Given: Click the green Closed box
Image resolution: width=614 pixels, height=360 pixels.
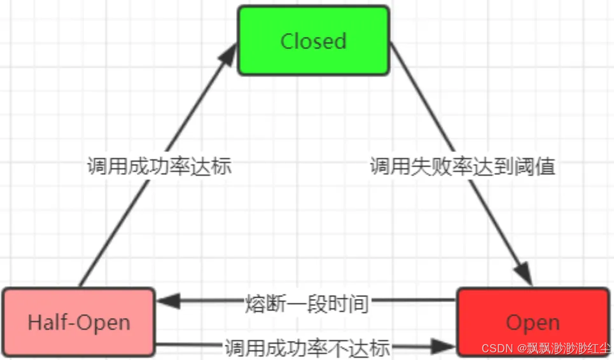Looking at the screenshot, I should pos(313,41).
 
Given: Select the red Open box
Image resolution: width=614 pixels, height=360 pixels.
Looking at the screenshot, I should pos(533,322).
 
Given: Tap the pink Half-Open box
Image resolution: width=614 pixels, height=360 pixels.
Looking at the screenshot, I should pos(79,322).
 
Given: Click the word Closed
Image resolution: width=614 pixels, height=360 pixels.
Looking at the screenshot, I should pos(313,41).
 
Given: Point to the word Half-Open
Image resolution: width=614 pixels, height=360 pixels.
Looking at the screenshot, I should pos(79,322).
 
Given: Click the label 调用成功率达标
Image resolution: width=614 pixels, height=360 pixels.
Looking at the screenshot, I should pos(159,167).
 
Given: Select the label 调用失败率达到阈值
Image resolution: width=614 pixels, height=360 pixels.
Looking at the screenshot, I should pos(463,167).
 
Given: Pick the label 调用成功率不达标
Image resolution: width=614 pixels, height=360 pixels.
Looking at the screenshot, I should pos(307,348).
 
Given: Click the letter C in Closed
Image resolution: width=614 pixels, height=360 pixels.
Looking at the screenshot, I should pos(288,41).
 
